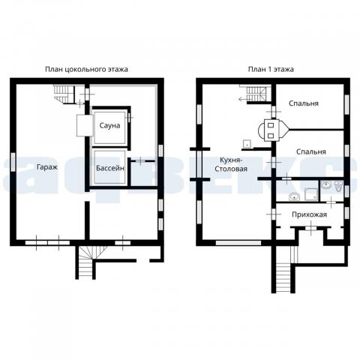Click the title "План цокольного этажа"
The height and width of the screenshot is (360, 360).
86,69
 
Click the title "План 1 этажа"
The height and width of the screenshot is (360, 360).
271,69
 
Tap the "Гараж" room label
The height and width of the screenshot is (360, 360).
47,167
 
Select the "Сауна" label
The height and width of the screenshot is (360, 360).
109,125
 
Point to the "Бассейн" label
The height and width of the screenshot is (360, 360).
110,168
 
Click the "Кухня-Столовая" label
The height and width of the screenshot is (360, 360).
231,164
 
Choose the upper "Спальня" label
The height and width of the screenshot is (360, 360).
304,103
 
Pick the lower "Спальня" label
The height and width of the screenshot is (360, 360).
311,151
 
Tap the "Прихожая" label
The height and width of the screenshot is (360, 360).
309,214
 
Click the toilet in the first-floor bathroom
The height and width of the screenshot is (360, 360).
339,187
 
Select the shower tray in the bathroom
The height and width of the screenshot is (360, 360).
311,194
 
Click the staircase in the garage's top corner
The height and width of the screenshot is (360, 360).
64,94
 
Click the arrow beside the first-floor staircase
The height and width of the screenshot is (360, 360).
242,99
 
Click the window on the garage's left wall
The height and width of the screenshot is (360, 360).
13,162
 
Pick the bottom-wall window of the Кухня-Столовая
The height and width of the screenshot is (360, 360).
238,243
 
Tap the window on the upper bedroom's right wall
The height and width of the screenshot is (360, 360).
346,104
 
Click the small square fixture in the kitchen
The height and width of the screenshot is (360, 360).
247,144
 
